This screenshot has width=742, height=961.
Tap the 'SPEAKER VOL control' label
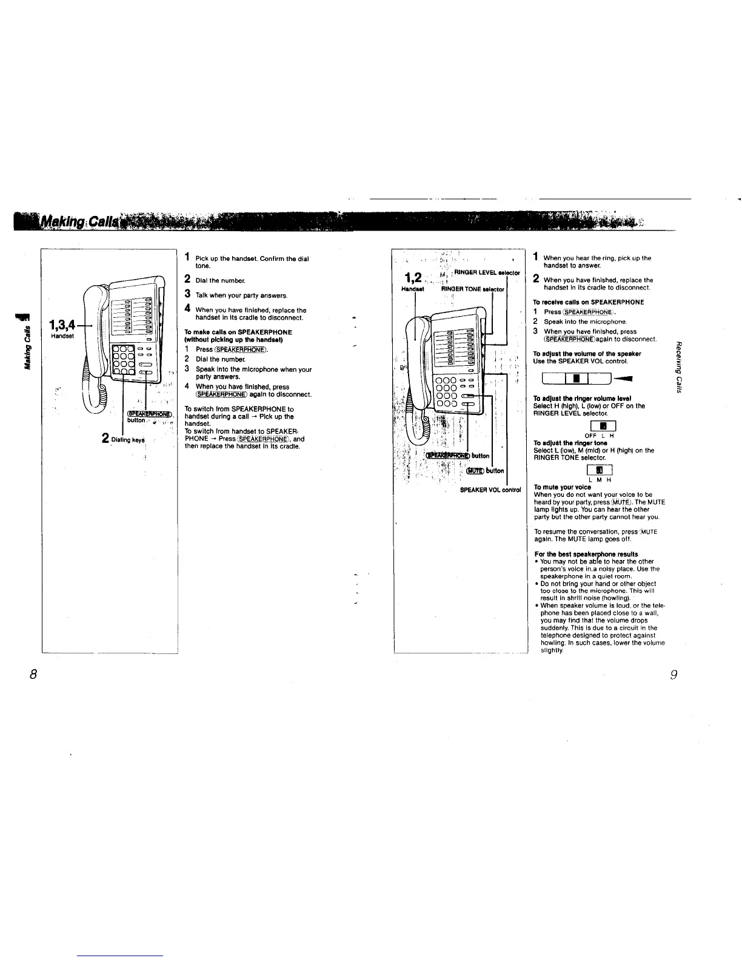pos(490,490)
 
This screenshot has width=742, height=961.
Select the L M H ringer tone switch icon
pos(598,470)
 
